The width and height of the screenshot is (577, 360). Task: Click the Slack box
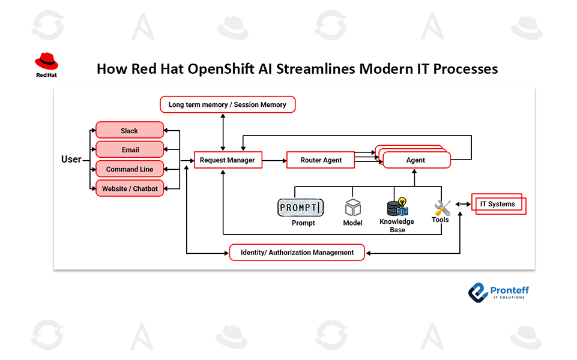129,130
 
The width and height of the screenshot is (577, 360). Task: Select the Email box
129,149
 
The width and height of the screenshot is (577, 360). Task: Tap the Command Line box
129,169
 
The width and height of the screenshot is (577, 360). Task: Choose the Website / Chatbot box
129,188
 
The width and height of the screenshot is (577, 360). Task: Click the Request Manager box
228,160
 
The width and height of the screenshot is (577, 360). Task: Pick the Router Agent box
321,160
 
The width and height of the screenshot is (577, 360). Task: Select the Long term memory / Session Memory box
228,104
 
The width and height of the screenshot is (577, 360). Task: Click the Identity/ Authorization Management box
297,253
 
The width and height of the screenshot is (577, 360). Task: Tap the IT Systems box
498,204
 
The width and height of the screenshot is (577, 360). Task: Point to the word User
71,160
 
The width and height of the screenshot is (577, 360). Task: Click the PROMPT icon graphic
300,208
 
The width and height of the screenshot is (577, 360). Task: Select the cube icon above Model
353,208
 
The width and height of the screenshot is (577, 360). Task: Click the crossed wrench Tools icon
442,208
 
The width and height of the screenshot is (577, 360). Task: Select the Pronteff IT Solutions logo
498,292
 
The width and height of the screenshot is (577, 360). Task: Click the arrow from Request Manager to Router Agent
274,160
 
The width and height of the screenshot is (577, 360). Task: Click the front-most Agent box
415,160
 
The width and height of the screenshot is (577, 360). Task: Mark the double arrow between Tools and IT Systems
462,204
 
